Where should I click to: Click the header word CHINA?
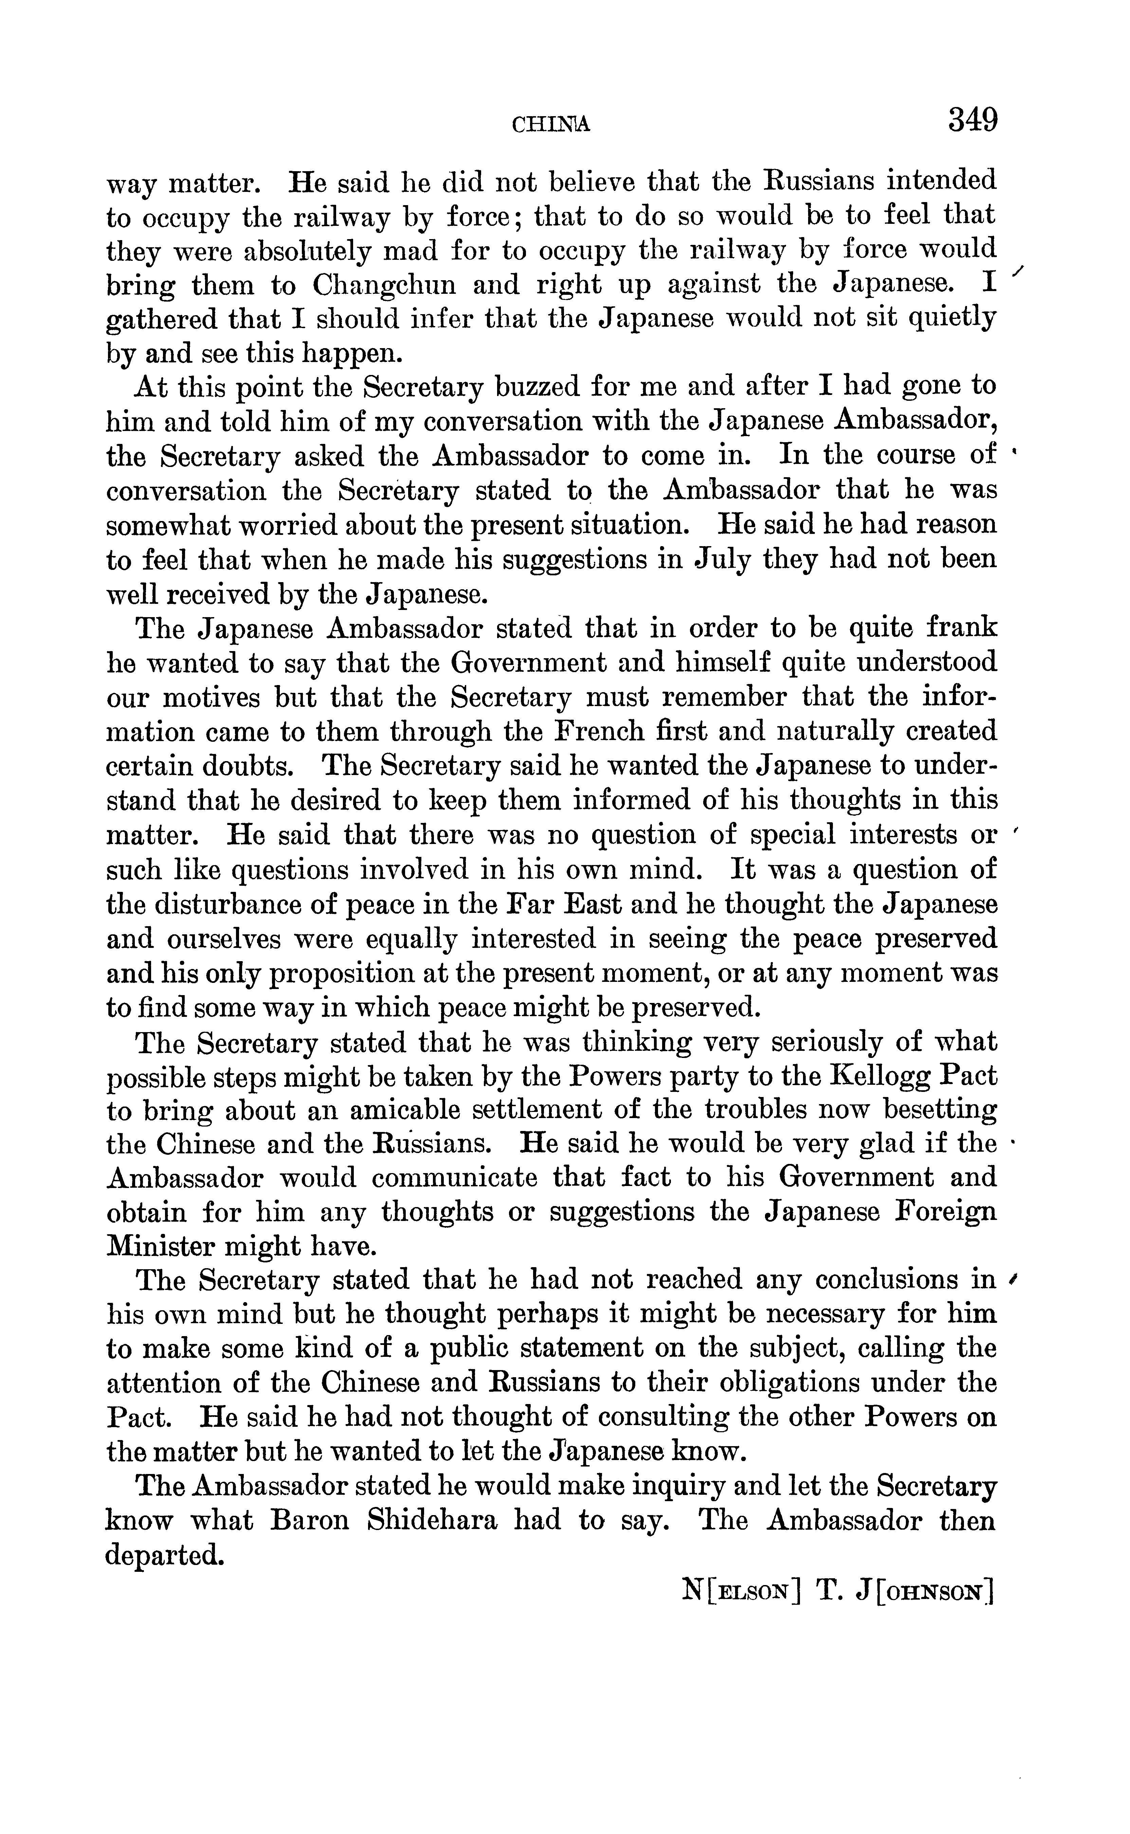[x=551, y=125]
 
